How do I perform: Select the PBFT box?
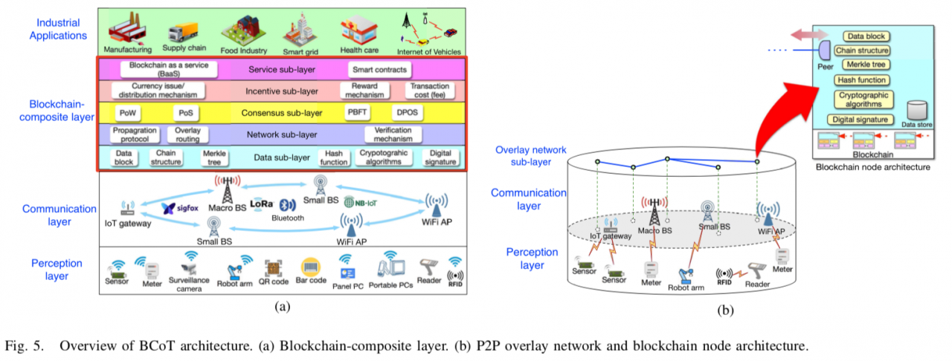[356, 113]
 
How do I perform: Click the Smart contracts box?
[379, 70]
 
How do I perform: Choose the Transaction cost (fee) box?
[430, 91]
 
